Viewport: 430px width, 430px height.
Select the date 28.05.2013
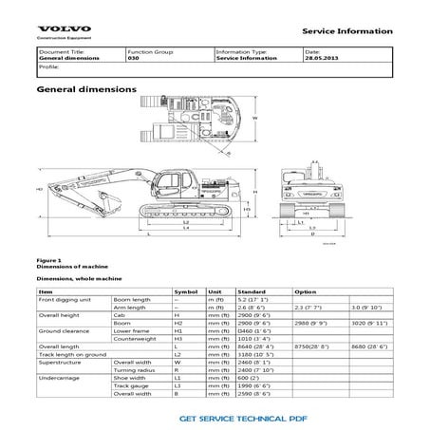click(321, 59)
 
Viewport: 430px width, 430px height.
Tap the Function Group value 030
click(133, 59)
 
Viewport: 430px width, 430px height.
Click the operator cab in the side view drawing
click(175, 181)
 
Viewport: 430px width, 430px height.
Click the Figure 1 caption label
click(48, 258)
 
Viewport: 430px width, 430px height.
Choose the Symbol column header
click(187, 291)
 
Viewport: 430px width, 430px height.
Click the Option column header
click(306, 291)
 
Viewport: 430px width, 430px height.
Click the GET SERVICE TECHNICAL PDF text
click(245, 417)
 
